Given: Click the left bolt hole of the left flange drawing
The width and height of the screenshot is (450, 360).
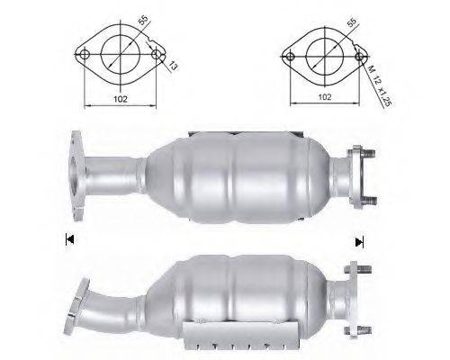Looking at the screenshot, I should click(84, 55).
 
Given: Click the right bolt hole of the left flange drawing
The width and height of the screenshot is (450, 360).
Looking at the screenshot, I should click(157, 55).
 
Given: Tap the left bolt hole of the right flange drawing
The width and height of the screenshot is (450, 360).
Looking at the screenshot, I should click(289, 55).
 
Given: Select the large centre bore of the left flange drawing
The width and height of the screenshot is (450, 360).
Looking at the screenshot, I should click(121, 52).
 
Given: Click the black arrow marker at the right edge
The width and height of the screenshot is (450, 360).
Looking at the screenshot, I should click(360, 240).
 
